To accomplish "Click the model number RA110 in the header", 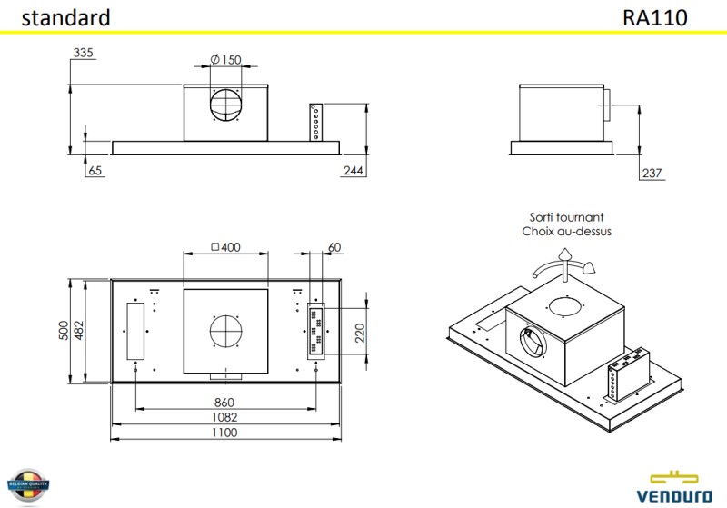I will [655, 17].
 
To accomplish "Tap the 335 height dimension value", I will [84, 54].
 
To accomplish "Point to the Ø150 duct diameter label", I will [225, 60].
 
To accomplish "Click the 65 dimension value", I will [95, 171].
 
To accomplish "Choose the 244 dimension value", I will [354, 171].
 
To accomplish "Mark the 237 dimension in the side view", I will [652, 173].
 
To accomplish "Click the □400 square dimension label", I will [225, 247].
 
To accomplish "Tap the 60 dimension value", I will [334, 247].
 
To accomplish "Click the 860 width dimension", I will [224, 403].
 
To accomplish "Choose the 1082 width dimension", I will [224, 417].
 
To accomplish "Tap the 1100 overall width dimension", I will [224, 433].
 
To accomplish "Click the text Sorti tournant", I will [566, 218].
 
